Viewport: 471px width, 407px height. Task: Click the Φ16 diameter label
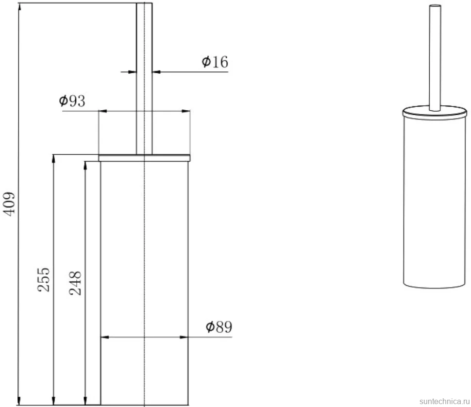[215, 62]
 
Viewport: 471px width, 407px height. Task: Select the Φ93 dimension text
[72, 101]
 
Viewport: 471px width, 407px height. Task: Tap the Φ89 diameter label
[219, 326]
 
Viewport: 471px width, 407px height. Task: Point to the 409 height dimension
[9, 203]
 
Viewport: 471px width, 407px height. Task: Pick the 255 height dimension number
[44, 280]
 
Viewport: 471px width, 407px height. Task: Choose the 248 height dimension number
[75, 283]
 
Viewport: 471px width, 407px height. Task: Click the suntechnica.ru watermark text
[445, 401]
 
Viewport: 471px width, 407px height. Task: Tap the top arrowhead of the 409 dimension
[19, 7]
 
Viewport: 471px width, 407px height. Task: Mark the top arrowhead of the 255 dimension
[54, 159]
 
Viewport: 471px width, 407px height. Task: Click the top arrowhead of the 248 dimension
[85, 166]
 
